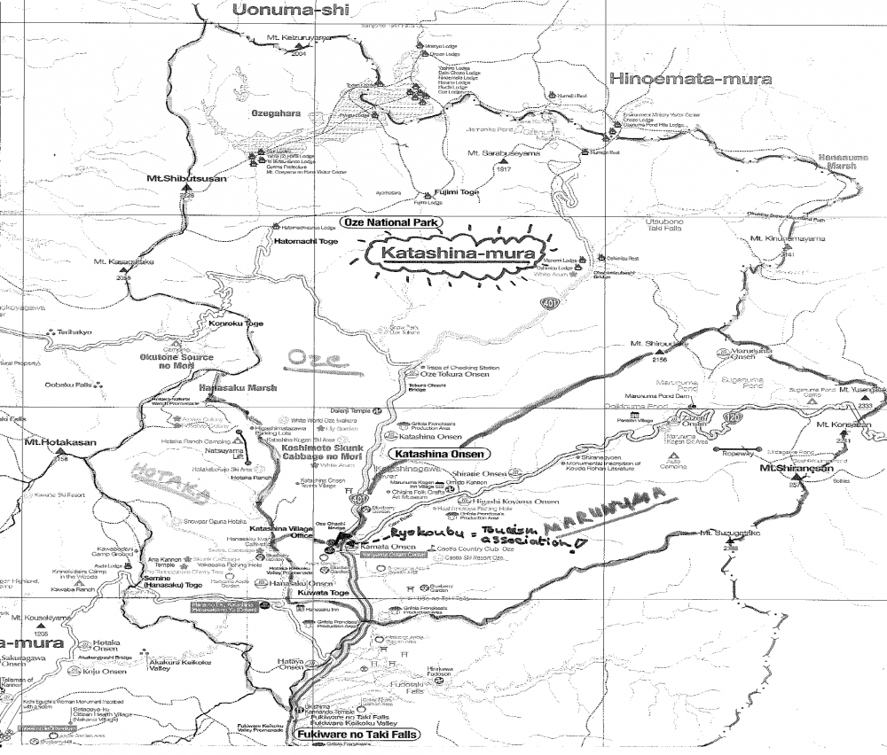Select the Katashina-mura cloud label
coord(458,254)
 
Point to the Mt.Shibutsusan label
coord(187,179)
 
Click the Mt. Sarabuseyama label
coord(505,153)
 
